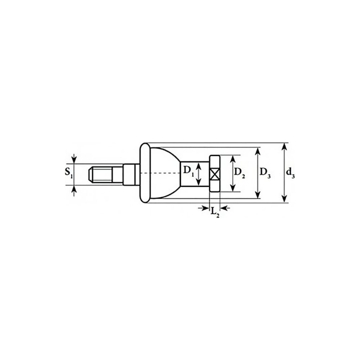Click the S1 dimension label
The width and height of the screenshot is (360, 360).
(x=68, y=172)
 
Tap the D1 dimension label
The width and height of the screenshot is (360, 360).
(x=189, y=171)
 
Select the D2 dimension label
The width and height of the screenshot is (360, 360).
(x=239, y=173)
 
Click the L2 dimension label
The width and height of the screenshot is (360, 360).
(x=215, y=212)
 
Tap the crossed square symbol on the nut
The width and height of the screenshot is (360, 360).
(x=215, y=174)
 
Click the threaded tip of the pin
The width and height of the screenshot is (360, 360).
(x=100, y=174)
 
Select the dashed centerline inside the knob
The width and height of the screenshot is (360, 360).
(x=160, y=173)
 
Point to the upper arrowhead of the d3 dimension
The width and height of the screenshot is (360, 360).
(x=284, y=147)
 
